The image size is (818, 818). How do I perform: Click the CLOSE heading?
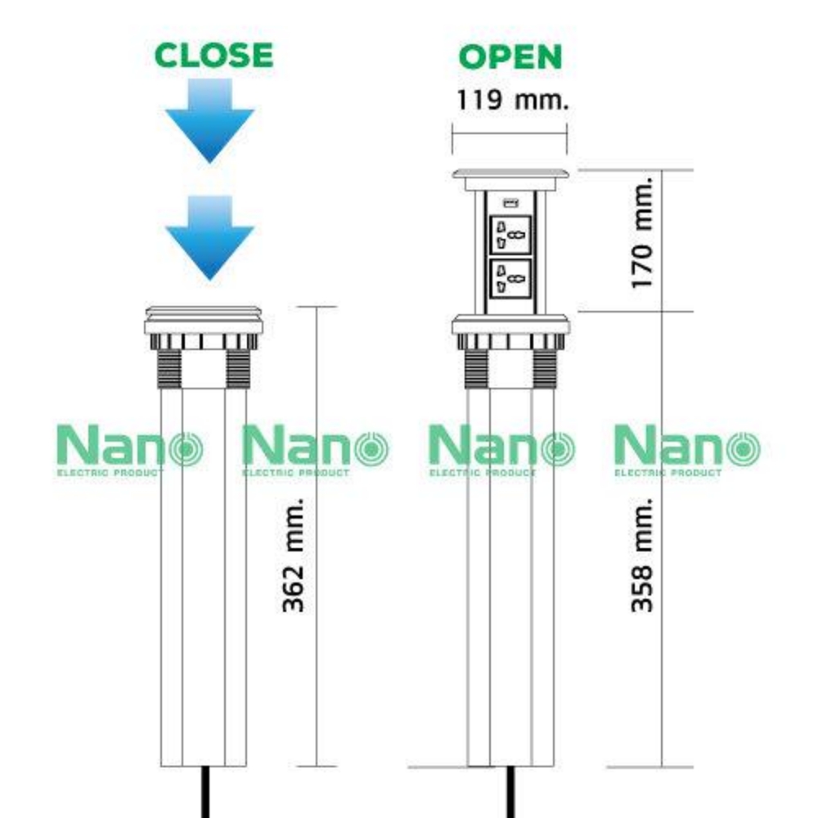[x=213, y=55]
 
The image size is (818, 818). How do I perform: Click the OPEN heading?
[x=510, y=56]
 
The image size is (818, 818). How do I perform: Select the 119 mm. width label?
[x=510, y=101]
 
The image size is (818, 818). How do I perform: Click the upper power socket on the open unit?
[x=510, y=235]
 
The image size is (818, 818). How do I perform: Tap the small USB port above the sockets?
[x=510, y=202]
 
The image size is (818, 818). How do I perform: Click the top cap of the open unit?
[x=510, y=175]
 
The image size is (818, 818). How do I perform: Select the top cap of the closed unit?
[x=204, y=313]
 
